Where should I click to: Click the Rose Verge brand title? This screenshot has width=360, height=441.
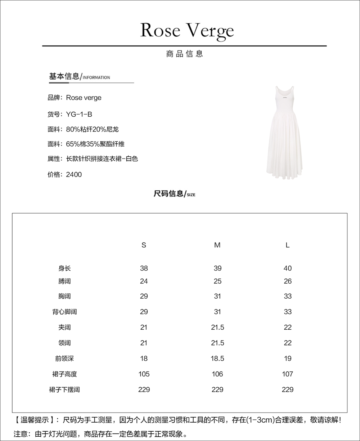pyautogui.click(x=187, y=30)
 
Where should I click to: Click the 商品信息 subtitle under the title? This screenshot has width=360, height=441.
pyautogui.click(x=185, y=54)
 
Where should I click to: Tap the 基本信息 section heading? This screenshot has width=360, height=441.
pyautogui.click(x=64, y=76)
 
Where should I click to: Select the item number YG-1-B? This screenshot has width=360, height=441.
pyautogui.click(x=79, y=114)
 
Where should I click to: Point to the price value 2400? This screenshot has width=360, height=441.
pyautogui.click(x=74, y=174)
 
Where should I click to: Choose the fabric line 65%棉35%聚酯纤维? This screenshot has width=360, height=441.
pyautogui.click(x=95, y=144)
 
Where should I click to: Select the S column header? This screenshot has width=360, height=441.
pyautogui.click(x=144, y=245)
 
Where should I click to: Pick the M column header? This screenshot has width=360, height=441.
pyautogui.click(x=217, y=245)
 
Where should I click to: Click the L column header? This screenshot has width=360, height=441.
pyautogui.click(x=287, y=245)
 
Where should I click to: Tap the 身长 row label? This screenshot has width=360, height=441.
pyautogui.click(x=64, y=268)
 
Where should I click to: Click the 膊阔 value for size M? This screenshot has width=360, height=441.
pyautogui.click(x=217, y=281)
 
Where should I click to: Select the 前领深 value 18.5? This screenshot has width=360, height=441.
pyautogui.click(x=217, y=358)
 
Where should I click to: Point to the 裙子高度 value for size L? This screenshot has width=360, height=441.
pyautogui.click(x=287, y=374)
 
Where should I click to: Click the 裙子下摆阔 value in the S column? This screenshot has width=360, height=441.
pyautogui.click(x=144, y=389)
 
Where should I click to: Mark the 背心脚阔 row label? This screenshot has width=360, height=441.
pyautogui.click(x=64, y=312)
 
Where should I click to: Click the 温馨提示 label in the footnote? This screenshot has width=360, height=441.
pyautogui.click(x=35, y=420)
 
